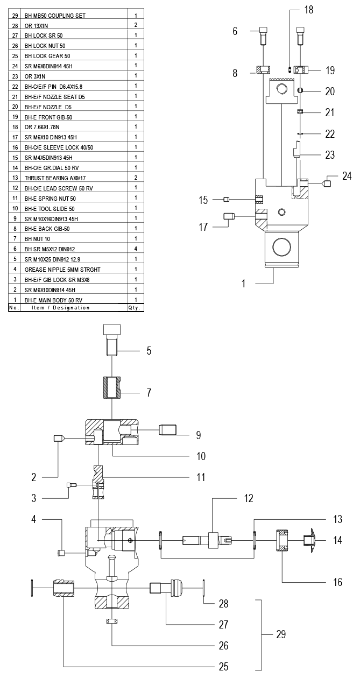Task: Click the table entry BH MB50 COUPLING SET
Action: pos(55,16)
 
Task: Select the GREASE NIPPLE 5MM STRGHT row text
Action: pos(62,269)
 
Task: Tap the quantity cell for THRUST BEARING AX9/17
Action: pos(136,178)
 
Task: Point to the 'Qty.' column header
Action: pos(135,308)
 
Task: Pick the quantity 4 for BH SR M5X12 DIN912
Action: pos(136,249)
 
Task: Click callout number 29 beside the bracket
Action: pos(280,634)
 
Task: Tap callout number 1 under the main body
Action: pos(243,283)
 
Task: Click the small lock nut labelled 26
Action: pos(112,621)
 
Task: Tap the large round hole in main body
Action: pos(282,248)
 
